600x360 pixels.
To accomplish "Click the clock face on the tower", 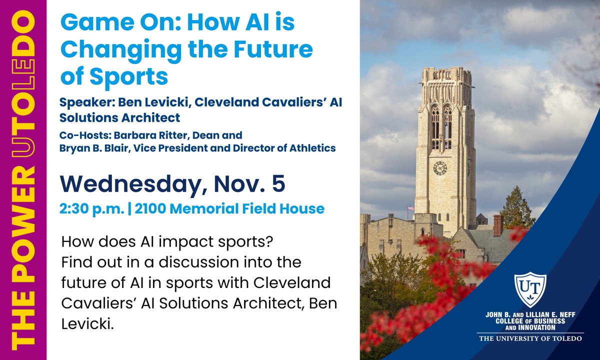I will [x=440, y=168].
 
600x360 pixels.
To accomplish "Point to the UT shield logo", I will [x=530, y=289].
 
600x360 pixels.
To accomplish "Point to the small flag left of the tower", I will [x=411, y=207].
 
